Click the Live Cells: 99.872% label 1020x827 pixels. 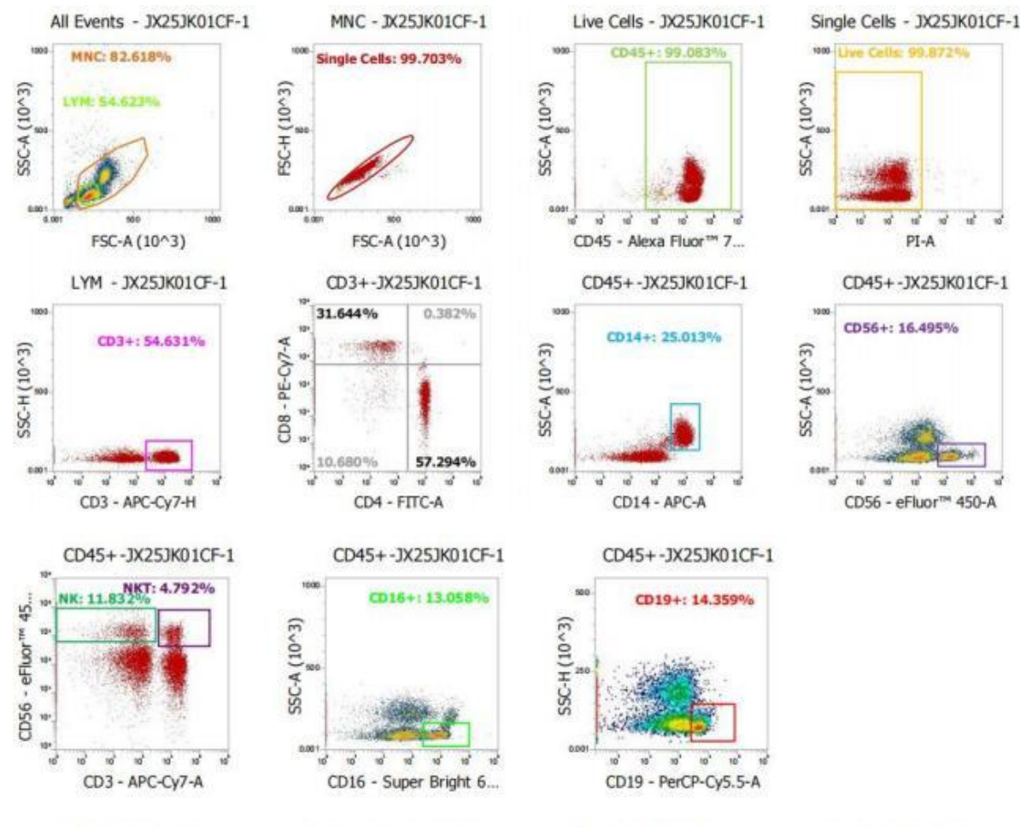coord(904,53)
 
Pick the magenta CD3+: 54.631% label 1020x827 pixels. coord(152,342)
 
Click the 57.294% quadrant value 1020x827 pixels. coord(446,461)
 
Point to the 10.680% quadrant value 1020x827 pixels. coord(347,461)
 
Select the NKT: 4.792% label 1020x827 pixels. coord(168,588)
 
